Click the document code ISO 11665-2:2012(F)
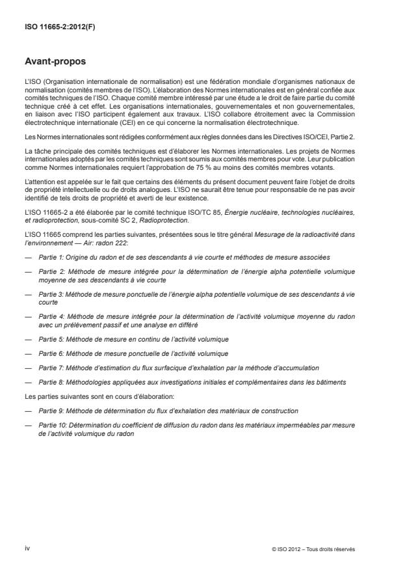tap(50, 28)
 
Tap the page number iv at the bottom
tap(28, 549)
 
